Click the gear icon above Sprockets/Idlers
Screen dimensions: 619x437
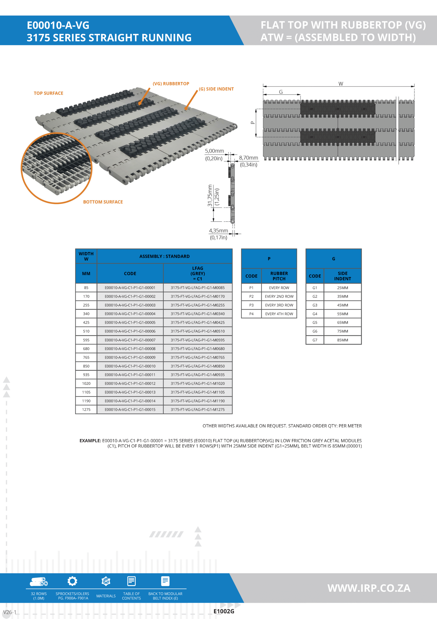pos(72,581)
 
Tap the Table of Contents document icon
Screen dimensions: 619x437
pos(131,581)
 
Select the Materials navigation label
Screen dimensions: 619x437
pos(106,596)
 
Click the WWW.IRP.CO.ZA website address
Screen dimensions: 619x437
pos(369,588)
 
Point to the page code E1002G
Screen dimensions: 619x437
pos(224,611)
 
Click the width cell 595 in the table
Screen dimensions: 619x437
pos(86,340)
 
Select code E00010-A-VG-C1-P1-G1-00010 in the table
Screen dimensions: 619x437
pos(130,366)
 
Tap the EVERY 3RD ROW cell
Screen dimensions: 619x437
pos(279,305)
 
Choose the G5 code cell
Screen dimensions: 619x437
pos(315,323)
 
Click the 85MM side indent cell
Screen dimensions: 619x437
pos(343,340)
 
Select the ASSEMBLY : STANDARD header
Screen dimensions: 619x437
pos(164,256)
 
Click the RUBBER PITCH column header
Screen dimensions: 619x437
pos(279,276)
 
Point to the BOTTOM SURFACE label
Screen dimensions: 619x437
pos(103,202)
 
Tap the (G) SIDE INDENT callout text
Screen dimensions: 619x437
pos(216,89)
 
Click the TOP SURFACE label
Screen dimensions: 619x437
pos(49,93)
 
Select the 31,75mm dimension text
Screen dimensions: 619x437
pos(210,196)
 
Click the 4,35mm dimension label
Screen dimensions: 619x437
pos(218,231)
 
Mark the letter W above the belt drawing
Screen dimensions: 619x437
pos(341,84)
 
